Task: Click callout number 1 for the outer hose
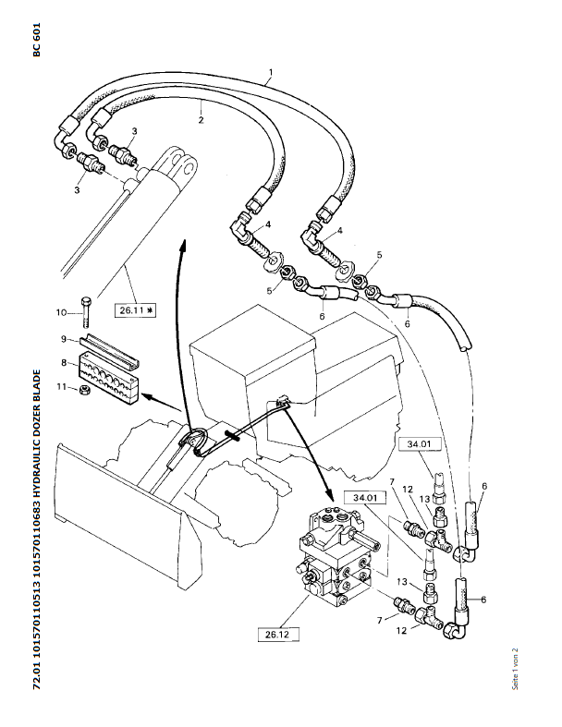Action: [271, 71]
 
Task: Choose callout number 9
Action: [65, 338]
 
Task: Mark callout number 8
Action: [65, 363]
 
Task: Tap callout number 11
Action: [62, 387]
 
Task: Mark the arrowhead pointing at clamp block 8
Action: [148, 400]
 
